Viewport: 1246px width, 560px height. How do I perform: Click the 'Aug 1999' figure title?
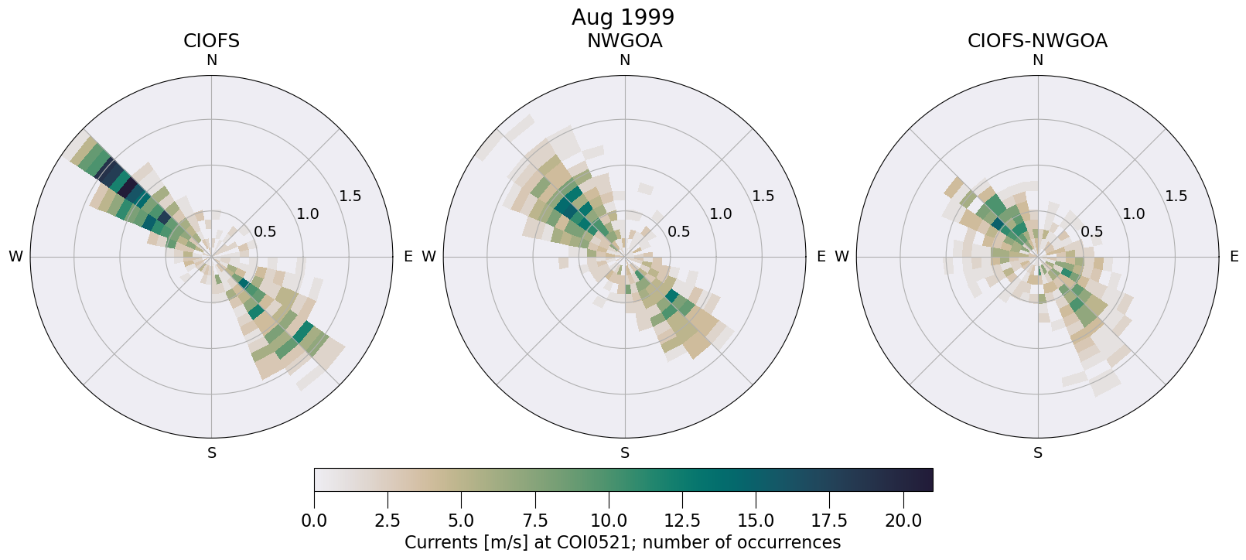623,17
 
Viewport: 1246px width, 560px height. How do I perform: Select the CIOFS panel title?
211,41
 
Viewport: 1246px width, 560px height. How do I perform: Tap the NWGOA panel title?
624,41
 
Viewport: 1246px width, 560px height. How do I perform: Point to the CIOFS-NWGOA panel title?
1037,41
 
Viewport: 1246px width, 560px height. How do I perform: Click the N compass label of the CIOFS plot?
211,60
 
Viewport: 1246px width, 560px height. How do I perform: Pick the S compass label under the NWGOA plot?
625,453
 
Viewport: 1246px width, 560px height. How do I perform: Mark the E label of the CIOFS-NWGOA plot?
1234,257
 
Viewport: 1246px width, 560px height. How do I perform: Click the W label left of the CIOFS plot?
15,257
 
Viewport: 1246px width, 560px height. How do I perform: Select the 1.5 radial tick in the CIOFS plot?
350,196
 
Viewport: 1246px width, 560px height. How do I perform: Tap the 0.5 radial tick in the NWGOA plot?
678,231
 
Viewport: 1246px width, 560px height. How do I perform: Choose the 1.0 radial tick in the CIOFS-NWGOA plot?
1134,213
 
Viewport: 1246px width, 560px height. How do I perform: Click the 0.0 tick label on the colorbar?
314,521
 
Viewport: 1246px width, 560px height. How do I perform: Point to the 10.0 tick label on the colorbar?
609,521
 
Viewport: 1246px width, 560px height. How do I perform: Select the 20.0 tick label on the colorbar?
903,521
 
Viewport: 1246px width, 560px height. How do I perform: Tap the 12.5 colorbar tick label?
682,521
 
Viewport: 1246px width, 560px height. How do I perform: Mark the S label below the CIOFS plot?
212,453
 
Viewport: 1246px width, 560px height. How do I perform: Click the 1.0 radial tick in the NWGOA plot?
721,213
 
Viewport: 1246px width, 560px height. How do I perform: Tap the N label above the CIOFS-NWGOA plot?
1038,60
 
